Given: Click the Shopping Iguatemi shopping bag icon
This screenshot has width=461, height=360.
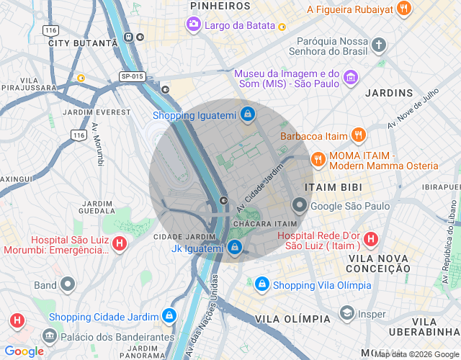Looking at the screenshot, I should [x=247, y=114].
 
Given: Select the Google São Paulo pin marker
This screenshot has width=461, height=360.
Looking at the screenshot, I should [x=298, y=206].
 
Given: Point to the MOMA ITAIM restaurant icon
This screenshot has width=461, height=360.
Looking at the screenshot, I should [x=318, y=159].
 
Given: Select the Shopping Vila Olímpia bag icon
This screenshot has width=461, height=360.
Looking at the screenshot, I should [x=261, y=284].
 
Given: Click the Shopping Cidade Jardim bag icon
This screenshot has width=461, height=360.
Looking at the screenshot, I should [x=169, y=316].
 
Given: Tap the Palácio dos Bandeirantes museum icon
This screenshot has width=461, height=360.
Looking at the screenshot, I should [x=49, y=336].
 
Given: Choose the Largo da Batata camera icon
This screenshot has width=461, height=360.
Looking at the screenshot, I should [x=193, y=25].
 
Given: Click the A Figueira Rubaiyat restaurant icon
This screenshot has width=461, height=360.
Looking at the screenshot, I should [x=404, y=9].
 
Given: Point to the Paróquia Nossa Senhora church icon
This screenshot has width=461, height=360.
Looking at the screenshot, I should [x=379, y=45].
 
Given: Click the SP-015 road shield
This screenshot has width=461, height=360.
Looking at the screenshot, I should [x=133, y=76].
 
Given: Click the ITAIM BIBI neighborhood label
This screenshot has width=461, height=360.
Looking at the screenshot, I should [x=333, y=186].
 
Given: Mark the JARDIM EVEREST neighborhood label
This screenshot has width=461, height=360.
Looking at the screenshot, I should [x=90, y=112].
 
